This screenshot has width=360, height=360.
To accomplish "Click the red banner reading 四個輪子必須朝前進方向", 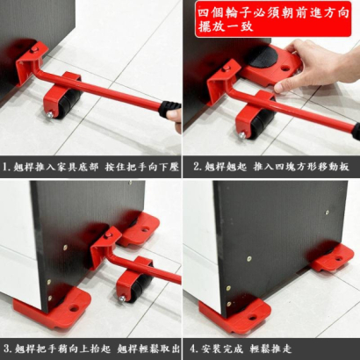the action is click(273, 19).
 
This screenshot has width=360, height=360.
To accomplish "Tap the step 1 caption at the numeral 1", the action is click(5, 167).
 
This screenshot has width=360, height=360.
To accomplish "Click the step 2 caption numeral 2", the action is click(197, 167).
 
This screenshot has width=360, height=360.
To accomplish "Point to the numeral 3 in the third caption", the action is click(6, 349).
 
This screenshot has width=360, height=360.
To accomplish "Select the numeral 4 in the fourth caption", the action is click(193, 349).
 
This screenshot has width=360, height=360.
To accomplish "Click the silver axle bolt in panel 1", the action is click(50, 115).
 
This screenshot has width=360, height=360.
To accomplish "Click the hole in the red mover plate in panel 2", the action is click(284, 69).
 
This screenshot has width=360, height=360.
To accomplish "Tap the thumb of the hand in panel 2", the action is click(285, 84).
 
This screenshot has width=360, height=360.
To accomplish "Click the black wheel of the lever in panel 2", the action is click(262, 122).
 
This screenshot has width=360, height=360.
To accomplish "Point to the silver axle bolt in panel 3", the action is click(122, 299).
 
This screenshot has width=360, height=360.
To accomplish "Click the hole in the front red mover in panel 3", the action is click(75, 308).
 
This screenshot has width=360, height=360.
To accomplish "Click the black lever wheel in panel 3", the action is click(140, 287).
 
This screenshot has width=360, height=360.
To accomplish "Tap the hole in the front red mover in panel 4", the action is click(252, 317).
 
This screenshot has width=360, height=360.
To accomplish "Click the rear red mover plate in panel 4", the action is click(333, 258).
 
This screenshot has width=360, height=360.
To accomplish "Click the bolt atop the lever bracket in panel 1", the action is click(35, 49).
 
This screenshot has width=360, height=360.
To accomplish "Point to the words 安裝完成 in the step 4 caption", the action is click(222, 349).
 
